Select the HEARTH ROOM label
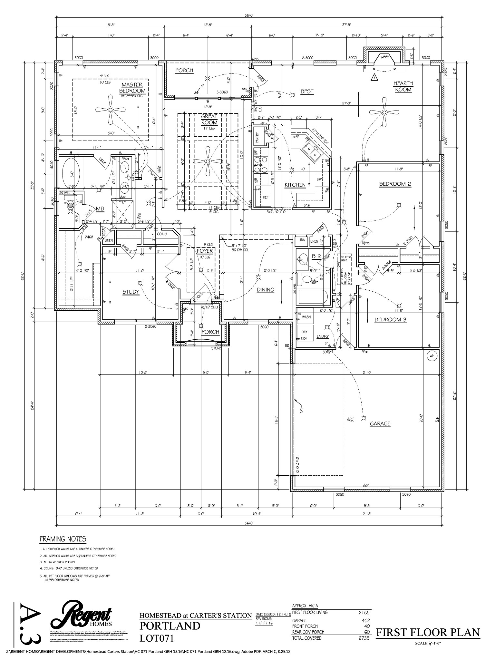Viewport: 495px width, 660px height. pyautogui.click(x=403, y=86)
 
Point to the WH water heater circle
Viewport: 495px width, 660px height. pyautogui.click(x=432, y=356)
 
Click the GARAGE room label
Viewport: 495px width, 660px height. pyautogui.click(x=380, y=423)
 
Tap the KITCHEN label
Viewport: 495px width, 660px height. pyautogui.click(x=295, y=185)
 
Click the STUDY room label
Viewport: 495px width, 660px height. pyautogui.click(x=131, y=292)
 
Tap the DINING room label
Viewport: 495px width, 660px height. pyautogui.click(x=265, y=290)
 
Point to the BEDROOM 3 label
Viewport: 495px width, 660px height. pyautogui.click(x=390, y=320)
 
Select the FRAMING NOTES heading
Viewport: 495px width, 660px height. pyautogui.click(x=63, y=539)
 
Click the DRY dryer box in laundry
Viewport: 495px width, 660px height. pyautogui.click(x=304, y=332)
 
